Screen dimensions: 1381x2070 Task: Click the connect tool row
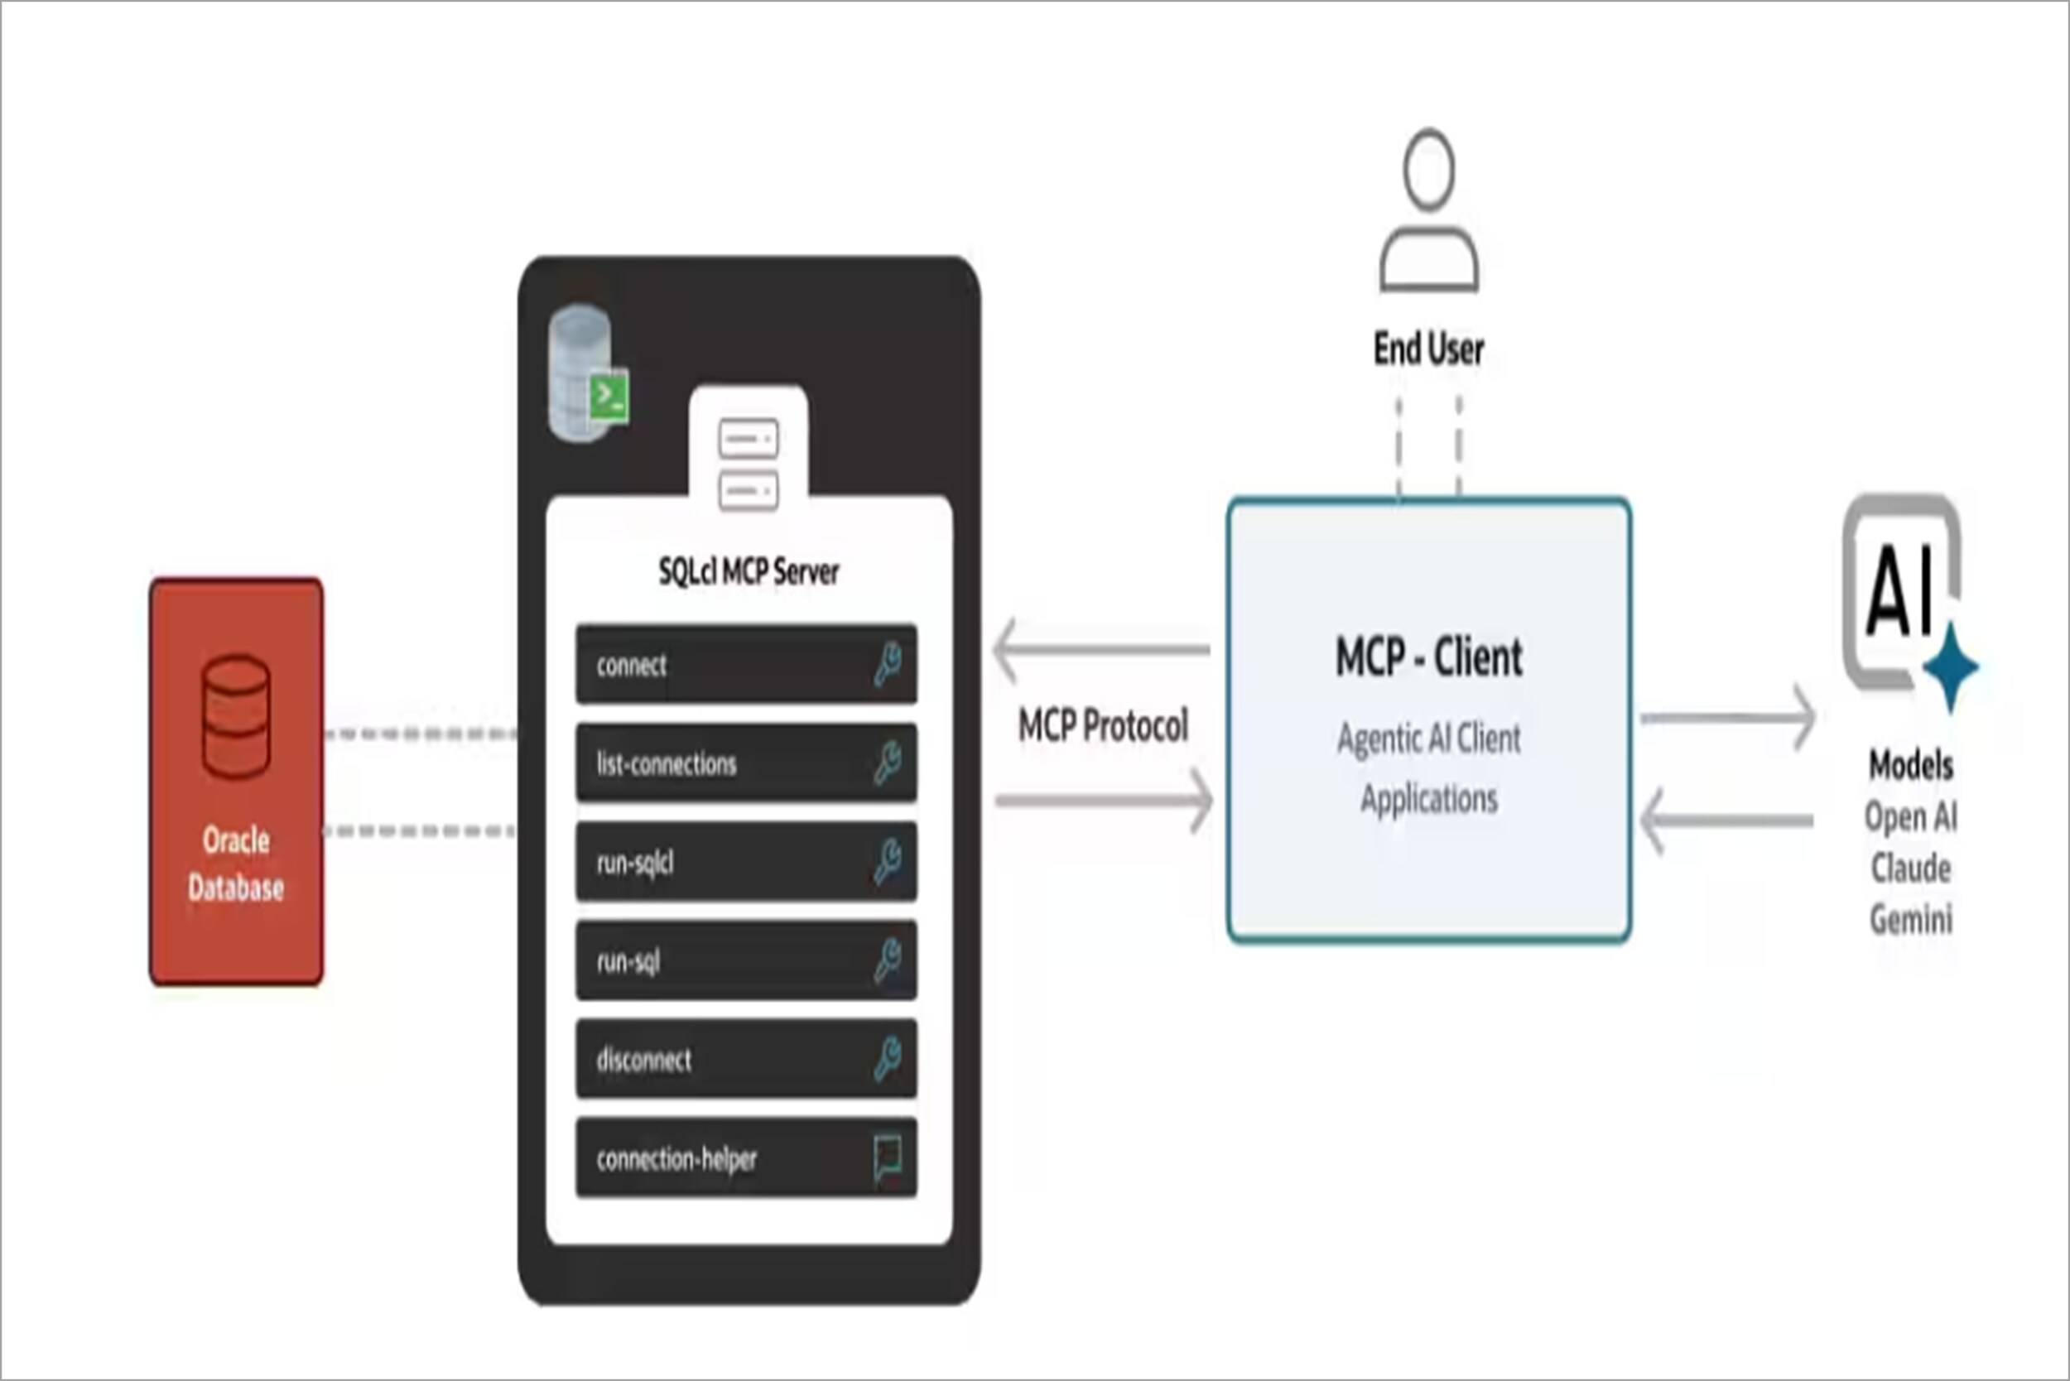point(745,664)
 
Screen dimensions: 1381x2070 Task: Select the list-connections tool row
point(745,763)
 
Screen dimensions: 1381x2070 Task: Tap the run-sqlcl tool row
point(745,861)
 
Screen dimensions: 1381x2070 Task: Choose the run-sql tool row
point(745,960)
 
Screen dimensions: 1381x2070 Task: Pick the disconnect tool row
point(745,1059)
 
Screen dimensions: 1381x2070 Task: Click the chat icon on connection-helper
point(887,1157)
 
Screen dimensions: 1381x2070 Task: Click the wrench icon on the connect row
point(887,663)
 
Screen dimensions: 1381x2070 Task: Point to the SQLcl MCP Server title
point(748,571)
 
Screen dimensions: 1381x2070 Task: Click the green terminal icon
point(609,397)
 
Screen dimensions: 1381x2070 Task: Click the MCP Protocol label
point(1103,726)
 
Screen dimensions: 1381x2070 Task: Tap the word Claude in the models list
point(1910,869)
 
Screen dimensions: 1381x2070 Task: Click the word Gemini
point(1910,920)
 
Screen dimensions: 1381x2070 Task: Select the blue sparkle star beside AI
point(1950,666)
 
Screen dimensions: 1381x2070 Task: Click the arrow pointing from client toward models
point(1726,719)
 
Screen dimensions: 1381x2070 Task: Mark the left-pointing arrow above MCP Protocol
point(1101,650)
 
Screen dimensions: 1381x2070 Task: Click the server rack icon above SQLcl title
point(748,464)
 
